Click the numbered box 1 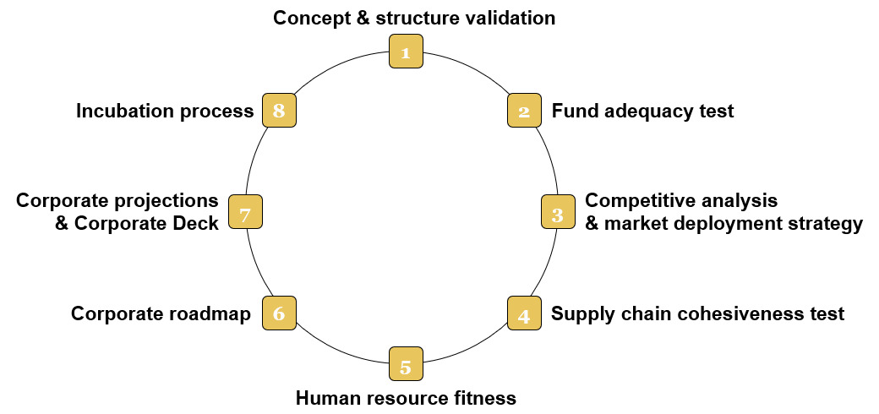point(406,52)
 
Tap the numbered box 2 point(524,111)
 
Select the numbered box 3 point(558,211)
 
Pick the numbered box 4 point(524,313)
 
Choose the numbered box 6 point(279,313)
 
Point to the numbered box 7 point(245,211)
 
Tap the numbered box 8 point(279,111)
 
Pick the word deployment point(729,224)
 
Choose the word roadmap point(211,314)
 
